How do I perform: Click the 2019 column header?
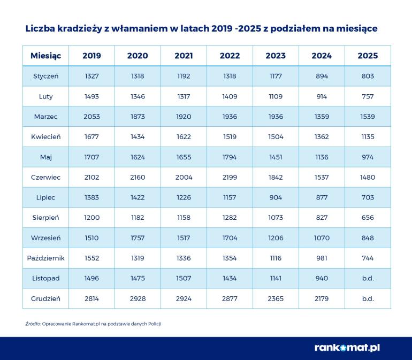pyautogui.click(x=91, y=56)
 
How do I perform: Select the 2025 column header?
pyautogui.click(x=368, y=56)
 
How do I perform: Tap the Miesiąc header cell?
pyautogui.click(x=45, y=56)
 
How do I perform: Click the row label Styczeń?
pyautogui.click(x=45, y=76)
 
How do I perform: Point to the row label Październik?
pyautogui.click(x=45, y=258)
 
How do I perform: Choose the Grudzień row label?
pyautogui.click(x=45, y=298)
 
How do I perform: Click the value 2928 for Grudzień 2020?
pyautogui.click(x=138, y=298)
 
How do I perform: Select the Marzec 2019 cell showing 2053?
pyautogui.click(x=91, y=117)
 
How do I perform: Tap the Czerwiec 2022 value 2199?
pyautogui.click(x=230, y=177)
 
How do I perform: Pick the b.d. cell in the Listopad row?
pyautogui.click(x=368, y=278)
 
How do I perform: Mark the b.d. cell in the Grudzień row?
pyautogui.click(x=368, y=298)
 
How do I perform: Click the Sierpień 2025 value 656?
pyautogui.click(x=368, y=218)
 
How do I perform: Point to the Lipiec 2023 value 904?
pyautogui.click(x=276, y=197)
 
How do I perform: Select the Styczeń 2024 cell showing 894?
pyautogui.click(x=322, y=76)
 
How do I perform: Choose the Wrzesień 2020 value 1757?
pyautogui.click(x=138, y=238)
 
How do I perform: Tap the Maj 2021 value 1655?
pyautogui.click(x=184, y=157)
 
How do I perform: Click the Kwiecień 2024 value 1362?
pyautogui.click(x=322, y=137)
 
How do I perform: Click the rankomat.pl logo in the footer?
pyautogui.click(x=347, y=348)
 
